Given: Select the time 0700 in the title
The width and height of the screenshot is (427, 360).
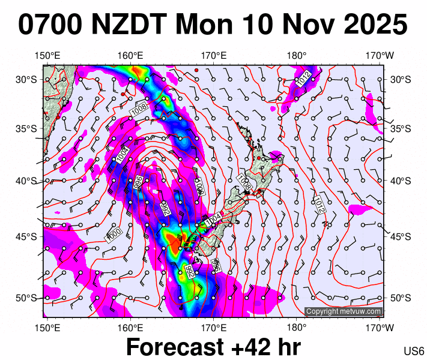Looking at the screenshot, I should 50,25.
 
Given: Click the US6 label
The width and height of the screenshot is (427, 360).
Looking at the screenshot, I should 414,351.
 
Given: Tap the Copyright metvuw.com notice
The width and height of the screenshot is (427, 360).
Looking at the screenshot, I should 344,311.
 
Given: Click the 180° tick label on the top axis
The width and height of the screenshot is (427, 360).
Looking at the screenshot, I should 297,56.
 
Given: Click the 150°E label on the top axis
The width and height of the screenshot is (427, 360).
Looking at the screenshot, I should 47,56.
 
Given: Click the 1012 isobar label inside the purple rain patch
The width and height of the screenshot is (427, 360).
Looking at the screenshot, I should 303,77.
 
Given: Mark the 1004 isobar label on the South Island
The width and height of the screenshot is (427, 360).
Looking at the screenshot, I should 213,220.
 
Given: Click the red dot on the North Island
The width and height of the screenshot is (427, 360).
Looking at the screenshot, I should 259,158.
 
